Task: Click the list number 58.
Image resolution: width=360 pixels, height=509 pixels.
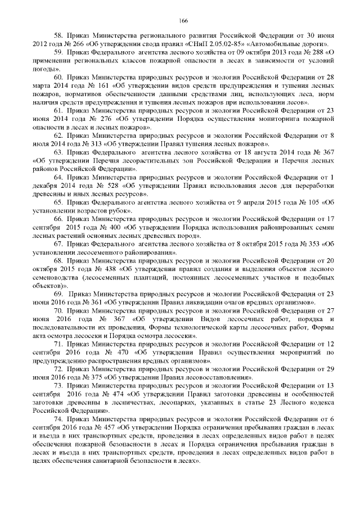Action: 58,35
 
